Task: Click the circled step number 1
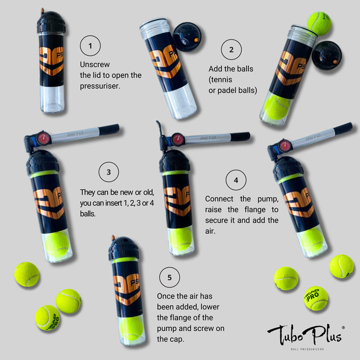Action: (x=90, y=46)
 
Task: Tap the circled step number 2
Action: (x=231, y=49)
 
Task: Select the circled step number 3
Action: (x=108, y=172)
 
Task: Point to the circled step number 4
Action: (x=236, y=180)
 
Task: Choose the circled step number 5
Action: (x=170, y=277)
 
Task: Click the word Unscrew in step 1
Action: (x=95, y=64)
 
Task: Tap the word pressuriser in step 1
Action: (x=100, y=86)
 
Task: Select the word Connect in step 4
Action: (x=219, y=199)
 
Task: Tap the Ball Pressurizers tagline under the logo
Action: (x=307, y=349)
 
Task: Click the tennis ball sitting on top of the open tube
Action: (x=319, y=24)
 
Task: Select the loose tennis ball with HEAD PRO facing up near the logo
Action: (x=316, y=298)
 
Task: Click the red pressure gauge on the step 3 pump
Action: (x=43, y=139)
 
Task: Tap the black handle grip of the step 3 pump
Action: (x=109, y=129)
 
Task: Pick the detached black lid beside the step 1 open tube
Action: (x=187, y=37)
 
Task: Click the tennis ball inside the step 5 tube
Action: (x=131, y=328)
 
